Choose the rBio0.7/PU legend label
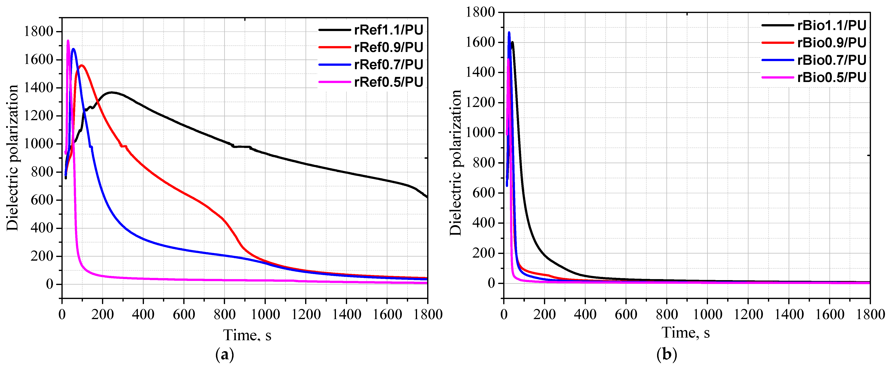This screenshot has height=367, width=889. (x=832, y=60)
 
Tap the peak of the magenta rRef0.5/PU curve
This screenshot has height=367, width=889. (x=68, y=41)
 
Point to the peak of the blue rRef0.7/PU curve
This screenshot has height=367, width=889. (x=73, y=49)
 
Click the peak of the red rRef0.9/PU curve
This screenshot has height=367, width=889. (x=82, y=65)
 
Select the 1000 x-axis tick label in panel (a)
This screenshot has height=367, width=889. (x=265, y=314)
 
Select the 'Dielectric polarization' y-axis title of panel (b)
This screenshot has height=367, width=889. (x=456, y=162)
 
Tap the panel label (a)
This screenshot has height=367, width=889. (x=225, y=355)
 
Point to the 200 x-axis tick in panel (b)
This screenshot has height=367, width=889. (x=545, y=314)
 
